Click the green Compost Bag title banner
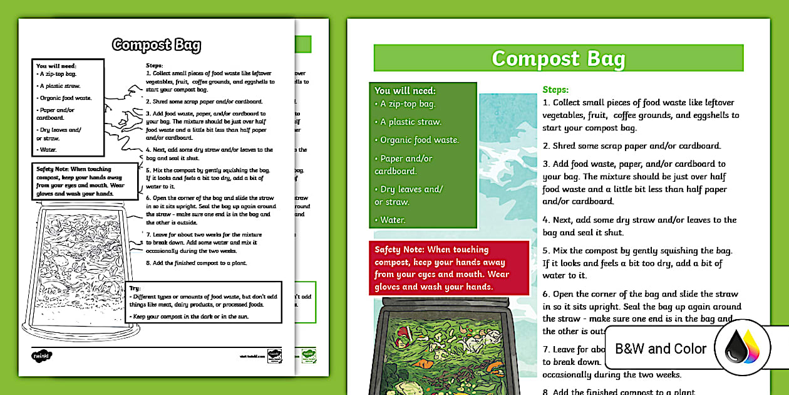[558, 58]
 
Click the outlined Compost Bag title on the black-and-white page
[157, 45]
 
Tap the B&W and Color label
[661, 349]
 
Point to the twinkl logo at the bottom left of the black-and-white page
[41, 355]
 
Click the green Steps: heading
[555, 90]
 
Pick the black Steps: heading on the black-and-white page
[154, 65]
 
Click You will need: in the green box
[405, 91]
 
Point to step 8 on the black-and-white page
[197, 262]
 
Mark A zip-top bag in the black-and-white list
[58, 73]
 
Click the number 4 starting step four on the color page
[545, 220]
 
